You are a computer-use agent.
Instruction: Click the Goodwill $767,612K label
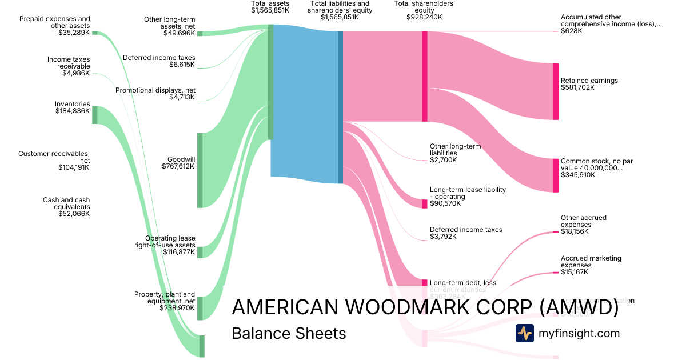[x=180, y=163]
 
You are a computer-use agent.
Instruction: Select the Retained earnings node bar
[x=556, y=91]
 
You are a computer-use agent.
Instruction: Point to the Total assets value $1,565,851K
[x=270, y=10]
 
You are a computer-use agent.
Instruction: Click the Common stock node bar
[x=556, y=175]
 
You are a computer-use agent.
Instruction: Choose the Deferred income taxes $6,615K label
[x=159, y=61]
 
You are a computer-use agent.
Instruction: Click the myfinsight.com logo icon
[x=524, y=333]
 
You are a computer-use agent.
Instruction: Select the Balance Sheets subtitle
[x=289, y=333]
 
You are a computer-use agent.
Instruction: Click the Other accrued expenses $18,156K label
[x=584, y=225]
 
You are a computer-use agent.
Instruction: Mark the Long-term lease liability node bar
[x=425, y=204]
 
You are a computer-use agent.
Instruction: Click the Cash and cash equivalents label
[x=66, y=207]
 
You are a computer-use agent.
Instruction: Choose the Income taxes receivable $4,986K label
[x=69, y=66]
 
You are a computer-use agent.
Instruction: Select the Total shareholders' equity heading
[x=417, y=10]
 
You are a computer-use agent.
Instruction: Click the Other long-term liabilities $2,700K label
[x=455, y=153]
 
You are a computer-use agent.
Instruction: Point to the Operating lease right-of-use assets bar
[x=200, y=252]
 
